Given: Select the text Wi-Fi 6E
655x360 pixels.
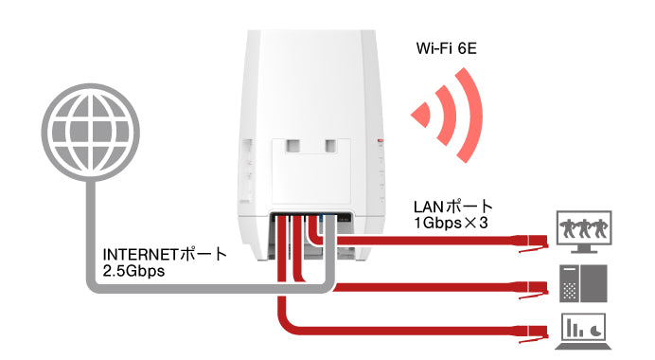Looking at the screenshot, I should point(448,47).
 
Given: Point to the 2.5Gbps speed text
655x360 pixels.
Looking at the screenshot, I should point(133,272).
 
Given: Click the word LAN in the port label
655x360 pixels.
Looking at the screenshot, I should point(430,206).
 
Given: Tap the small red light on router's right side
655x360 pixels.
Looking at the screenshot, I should point(379,142).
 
